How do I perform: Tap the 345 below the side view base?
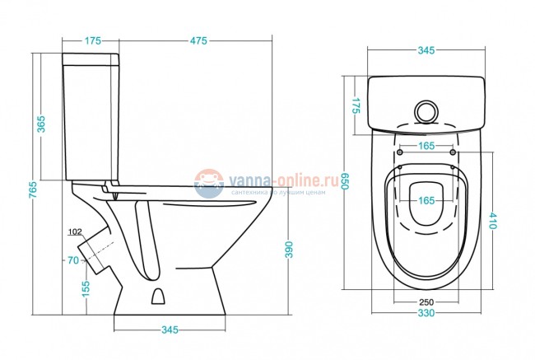pyautogui.click(x=169, y=330)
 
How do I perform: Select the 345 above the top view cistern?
pyautogui.click(x=425, y=52)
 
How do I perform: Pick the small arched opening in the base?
pyautogui.click(x=160, y=296)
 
